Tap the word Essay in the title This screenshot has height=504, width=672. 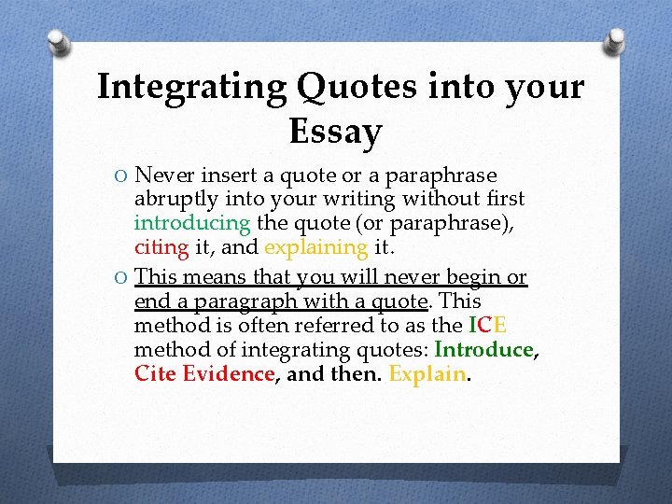(x=335, y=133)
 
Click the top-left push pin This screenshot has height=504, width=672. (x=57, y=43)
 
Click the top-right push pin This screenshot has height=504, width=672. (x=616, y=41)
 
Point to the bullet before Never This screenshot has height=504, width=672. (x=121, y=176)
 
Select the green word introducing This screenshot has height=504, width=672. (x=191, y=224)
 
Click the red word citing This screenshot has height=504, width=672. (x=161, y=247)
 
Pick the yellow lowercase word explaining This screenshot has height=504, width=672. (x=316, y=247)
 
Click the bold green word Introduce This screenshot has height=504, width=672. (x=483, y=350)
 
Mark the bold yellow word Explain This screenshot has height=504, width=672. (x=427, y=374)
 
